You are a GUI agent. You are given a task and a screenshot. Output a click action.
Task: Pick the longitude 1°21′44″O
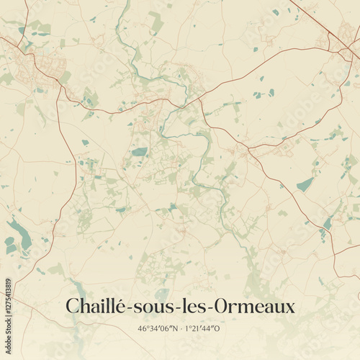coord(205,329)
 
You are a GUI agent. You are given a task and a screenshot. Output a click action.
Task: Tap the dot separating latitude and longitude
coord(181,329)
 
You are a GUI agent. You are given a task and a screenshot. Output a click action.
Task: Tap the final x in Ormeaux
coord(289,308)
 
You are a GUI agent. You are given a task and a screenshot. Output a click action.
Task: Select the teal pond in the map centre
coord(139,152)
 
